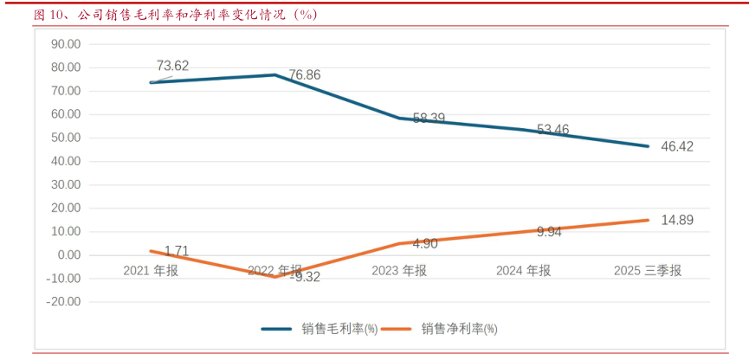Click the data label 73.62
click(x=172, y=66)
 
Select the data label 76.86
click(x=304, y=75)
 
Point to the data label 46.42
click(x=677, y=146)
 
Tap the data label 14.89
click(x=677, y=220)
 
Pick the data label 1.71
click(x=176, y=251)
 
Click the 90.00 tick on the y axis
click(x=66, y=44)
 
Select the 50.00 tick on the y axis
click(x=66, y=138)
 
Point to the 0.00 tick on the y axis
click(x=69, y=255)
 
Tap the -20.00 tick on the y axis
click(x=63, y=302)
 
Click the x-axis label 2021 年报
click(x=151, y=271)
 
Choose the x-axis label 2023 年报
click(x=399, y=271)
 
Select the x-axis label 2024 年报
click(x=523, y=271)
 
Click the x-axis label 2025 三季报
click(x=648, y=271)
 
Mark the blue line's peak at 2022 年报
click(x=274, y=74)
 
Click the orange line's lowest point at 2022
click(x=274, y=277)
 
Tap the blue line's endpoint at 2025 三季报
click(x=648, y=146)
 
